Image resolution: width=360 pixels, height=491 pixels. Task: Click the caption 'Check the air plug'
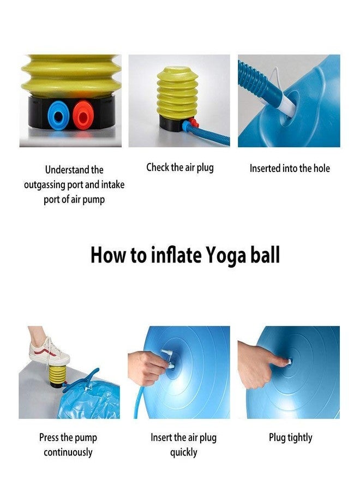click(179, 167)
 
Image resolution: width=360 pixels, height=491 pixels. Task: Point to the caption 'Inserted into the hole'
click(290, 169)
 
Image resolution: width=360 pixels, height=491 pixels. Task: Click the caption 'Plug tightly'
click(290, 438)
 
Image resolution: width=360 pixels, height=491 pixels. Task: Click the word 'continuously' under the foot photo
click(68, 452)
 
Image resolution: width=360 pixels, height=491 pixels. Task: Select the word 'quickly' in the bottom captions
click(183, 452)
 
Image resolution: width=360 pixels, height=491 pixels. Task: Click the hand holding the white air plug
click(148, 366)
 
